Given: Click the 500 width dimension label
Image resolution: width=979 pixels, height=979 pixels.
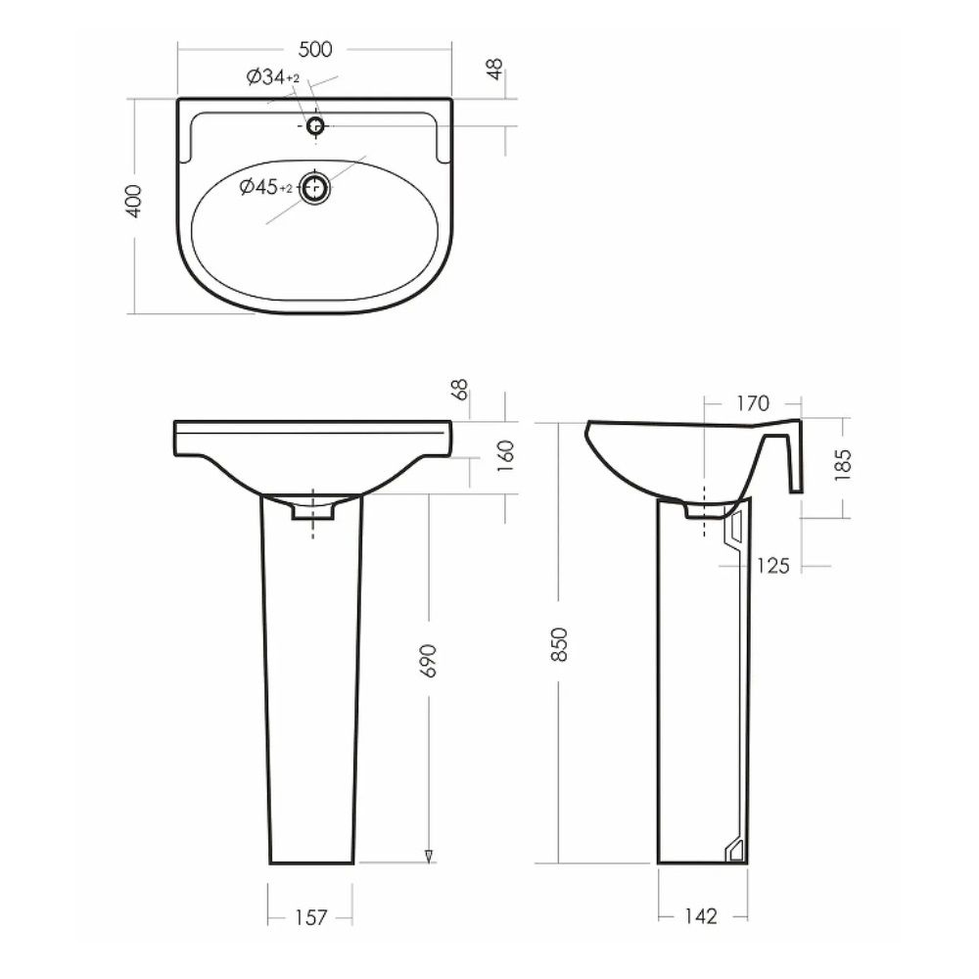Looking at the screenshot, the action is point(315,49).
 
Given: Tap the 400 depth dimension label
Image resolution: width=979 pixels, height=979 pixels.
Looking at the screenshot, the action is point(134,201).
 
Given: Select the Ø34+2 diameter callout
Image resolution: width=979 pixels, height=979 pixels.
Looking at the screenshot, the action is point(273,77).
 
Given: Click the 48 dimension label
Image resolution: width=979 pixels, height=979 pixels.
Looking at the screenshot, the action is point(494,69).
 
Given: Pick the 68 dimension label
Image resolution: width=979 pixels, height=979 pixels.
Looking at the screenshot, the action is point(460,390).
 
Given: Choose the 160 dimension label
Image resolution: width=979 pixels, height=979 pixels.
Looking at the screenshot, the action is point(506,456).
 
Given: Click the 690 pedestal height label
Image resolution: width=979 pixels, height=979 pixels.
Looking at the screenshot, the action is point(430,661).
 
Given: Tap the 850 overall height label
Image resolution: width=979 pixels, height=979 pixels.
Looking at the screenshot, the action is point(559,645).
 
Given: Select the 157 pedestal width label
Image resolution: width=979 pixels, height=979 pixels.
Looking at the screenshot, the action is point(310,917).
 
